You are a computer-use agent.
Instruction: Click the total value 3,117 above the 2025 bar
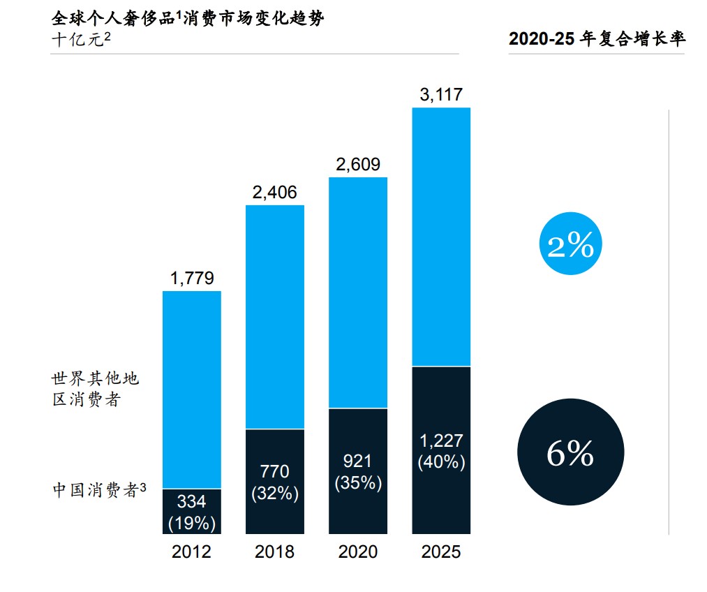tap(441, 95)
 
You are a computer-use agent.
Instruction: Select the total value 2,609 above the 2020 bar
tap(357, 165)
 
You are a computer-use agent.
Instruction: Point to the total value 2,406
tap(274, 192)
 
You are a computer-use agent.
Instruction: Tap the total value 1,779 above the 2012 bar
tap(191, 279)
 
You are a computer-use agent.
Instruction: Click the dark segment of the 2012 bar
tap(191, 511)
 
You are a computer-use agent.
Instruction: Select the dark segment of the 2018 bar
tap(274, 482)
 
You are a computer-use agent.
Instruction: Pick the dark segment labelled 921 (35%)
tap(357, 471)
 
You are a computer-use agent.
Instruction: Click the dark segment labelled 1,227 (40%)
tap(441, 450)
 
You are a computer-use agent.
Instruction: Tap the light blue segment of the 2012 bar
tap(191, 390)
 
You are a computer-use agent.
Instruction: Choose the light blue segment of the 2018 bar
tap(274, 316)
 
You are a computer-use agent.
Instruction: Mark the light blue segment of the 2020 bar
tap(357, 293)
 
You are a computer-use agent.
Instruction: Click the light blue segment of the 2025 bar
tap(441, 237)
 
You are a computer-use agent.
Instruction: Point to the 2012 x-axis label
tap(191, 552)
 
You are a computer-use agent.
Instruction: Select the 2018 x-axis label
tap(274, 552)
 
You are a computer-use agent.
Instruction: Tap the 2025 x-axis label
tap(441, 552)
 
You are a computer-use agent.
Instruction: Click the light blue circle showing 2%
tap(570, 246)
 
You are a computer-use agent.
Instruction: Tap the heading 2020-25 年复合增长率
tap(597, 39)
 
